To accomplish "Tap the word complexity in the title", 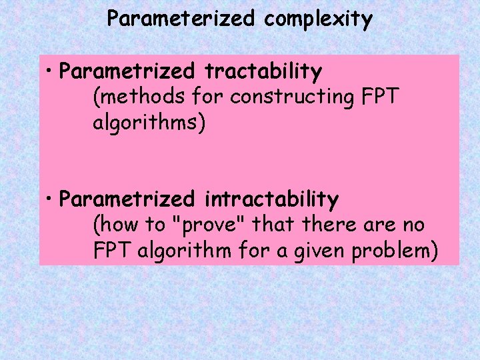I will point(318,19).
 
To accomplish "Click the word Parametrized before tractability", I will point(127,71).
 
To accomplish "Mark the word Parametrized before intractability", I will point(127,199).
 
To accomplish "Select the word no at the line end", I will point(413,225).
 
